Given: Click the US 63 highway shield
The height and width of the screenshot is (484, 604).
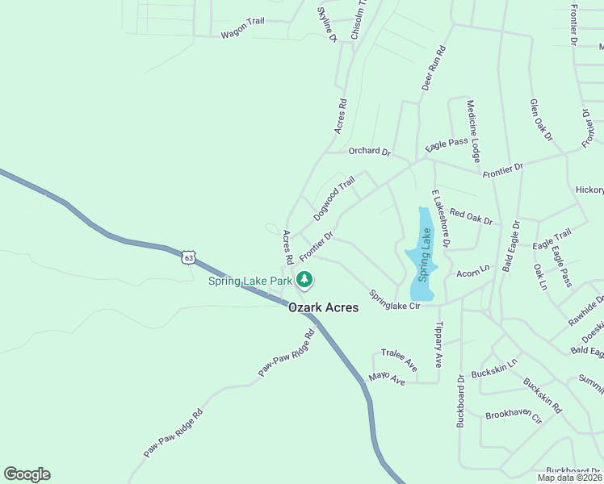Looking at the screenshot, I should click(x=188, y=257).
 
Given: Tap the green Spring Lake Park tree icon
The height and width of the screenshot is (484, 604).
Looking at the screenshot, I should click(x=304, y=280).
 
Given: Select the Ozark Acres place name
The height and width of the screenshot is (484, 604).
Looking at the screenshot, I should click(x=323, y=308).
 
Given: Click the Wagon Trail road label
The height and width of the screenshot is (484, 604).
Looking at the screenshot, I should click(x=242, y=35).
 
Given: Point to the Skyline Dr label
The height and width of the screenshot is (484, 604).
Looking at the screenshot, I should click(x=326, y=25).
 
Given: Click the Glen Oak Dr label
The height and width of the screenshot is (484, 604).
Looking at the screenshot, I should click(x=540, y=120).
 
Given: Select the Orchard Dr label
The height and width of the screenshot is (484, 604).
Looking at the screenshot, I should click(x=369, y=152).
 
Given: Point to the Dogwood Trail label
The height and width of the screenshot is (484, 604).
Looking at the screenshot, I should click(x=333, y=199).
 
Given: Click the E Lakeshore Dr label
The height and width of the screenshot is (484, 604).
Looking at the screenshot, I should click(x=440, y=218).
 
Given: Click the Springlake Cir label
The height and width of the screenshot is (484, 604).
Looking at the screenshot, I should click(x=395, y=300).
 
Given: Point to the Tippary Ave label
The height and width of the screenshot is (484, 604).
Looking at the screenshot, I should click(x=439, y=345).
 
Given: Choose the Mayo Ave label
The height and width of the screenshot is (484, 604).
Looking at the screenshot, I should click(x=386, y=378).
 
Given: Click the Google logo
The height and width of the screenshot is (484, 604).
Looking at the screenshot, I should click(x=27, y=474).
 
